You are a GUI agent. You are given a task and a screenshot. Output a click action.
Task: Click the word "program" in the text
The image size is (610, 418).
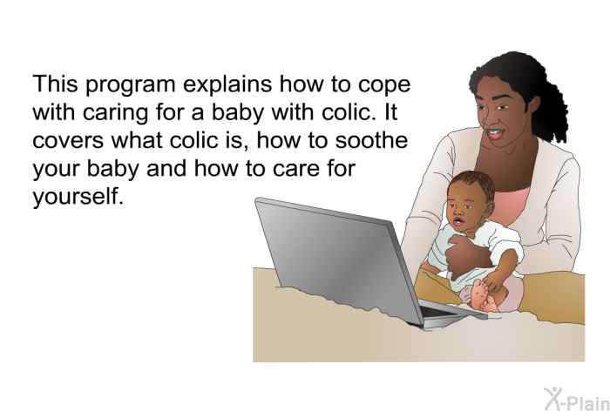(131, 85)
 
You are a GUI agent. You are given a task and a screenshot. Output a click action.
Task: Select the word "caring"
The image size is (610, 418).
(115, 113)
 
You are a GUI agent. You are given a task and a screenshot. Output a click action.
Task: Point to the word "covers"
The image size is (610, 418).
(68, 142)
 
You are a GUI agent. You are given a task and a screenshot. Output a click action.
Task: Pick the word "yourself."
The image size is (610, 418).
(78, 196)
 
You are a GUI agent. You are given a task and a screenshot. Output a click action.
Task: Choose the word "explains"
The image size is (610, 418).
(227, 84)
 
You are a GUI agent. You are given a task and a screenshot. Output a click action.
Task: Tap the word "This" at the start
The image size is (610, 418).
(55, 84)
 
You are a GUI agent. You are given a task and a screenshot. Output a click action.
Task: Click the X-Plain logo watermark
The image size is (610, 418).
(577, 400)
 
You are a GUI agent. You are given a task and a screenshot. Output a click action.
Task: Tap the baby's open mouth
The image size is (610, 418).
(458, 222)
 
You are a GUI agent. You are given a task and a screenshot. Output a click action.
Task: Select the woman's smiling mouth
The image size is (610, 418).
(496, 134)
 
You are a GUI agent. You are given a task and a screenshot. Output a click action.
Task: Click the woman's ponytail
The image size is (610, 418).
(552, 108)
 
